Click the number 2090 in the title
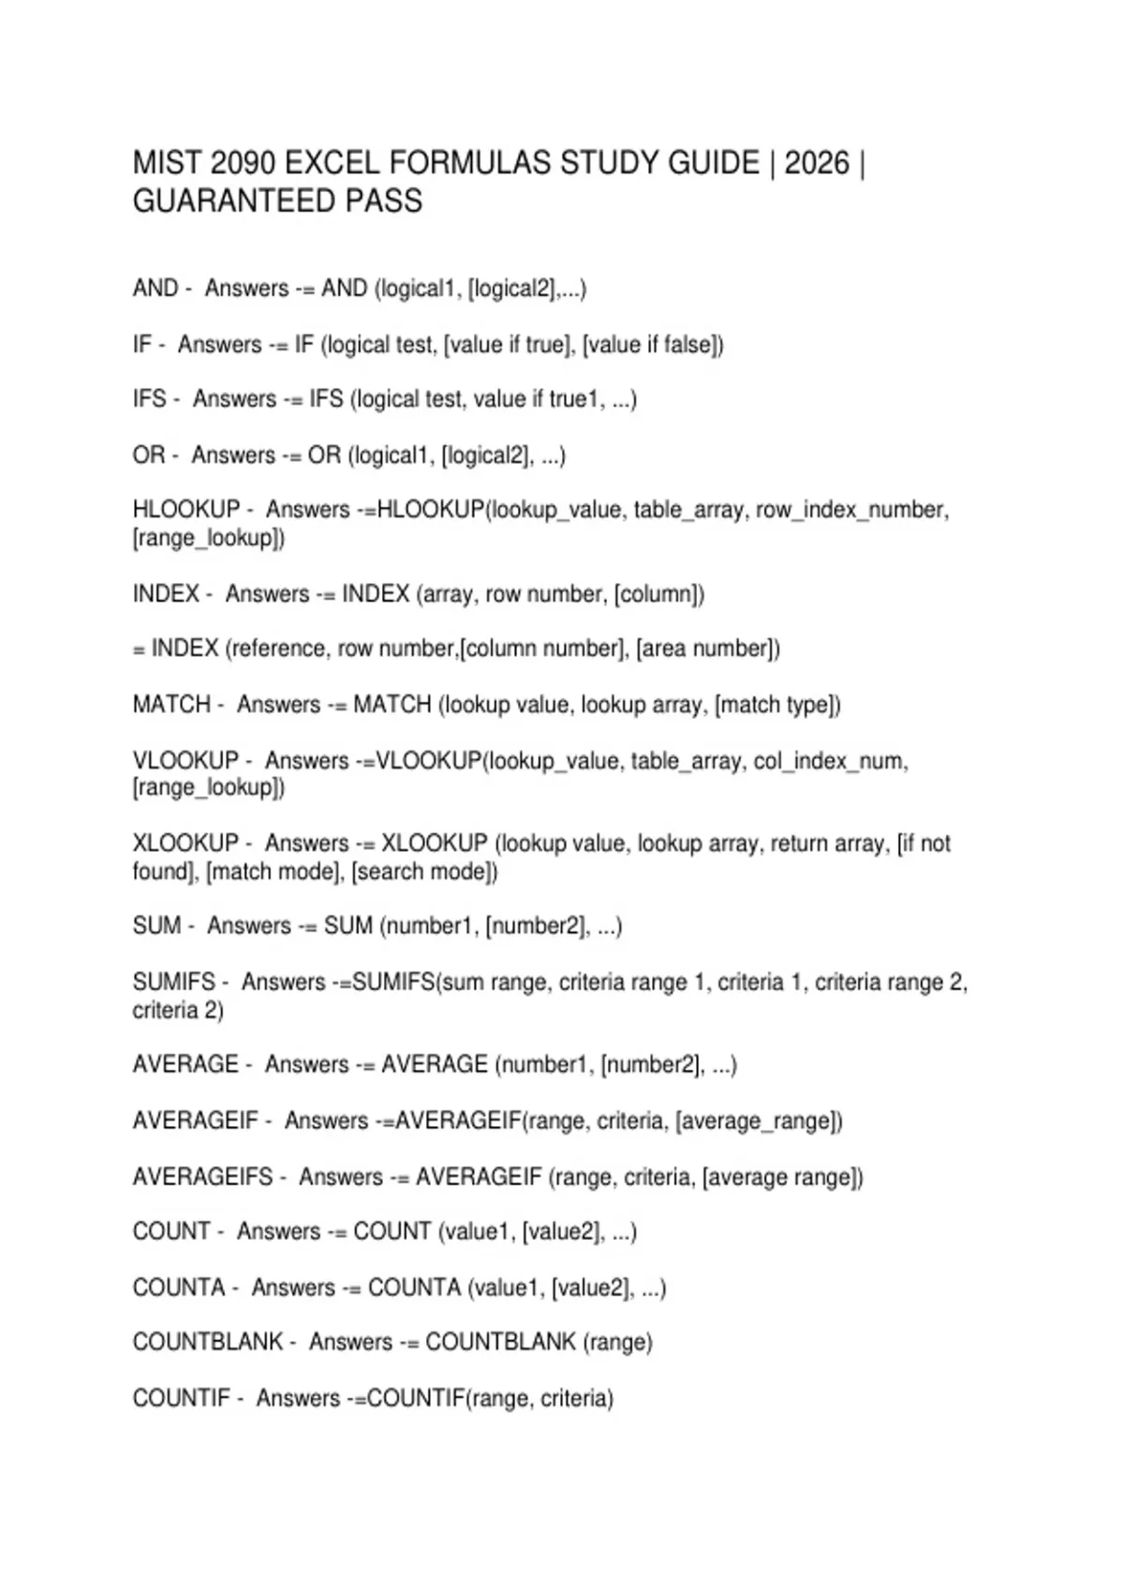(243, 163)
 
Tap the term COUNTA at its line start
(179, 1288)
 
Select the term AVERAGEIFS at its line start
(203, 1177)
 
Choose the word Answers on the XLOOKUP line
(306, 843)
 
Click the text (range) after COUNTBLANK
(617, 1342)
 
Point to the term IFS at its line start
(150, 399)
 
